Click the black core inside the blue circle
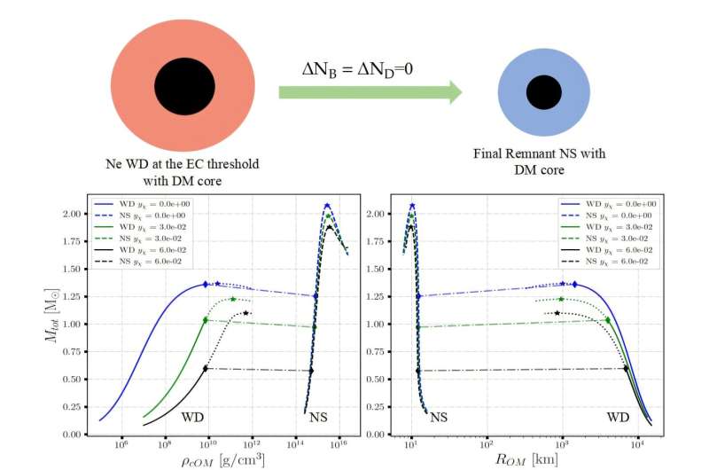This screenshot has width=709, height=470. coord(538,91)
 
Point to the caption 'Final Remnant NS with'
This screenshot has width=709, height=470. coord(539,153)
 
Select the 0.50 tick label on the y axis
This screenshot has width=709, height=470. coord(75,380)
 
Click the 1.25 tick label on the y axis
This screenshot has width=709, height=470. coord(75,297)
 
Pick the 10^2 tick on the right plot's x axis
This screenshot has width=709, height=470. coord(487,443)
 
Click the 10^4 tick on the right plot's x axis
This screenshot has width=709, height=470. coord(636,443)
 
